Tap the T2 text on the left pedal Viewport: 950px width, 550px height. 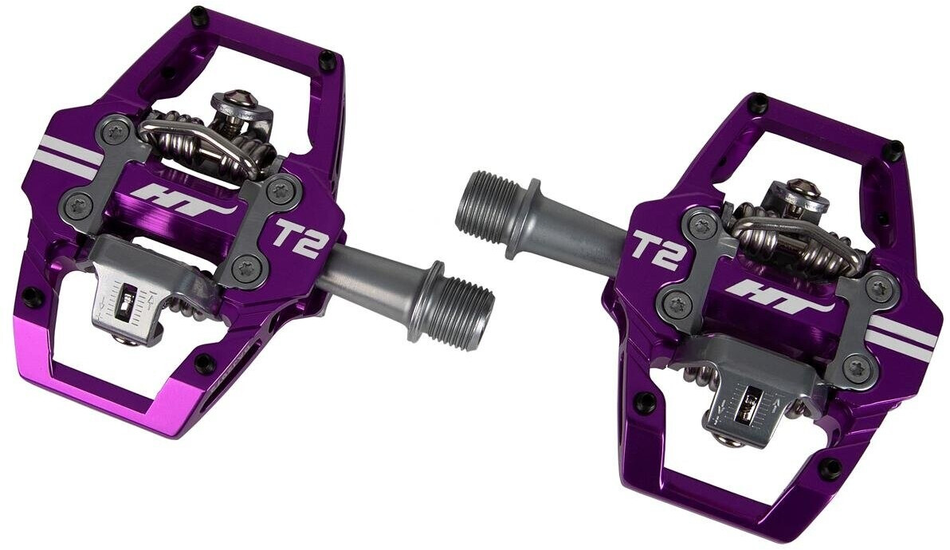coord(296,240)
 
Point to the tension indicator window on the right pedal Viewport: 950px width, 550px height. coord(747,404)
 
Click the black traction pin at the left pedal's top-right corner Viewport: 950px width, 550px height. coord(326,57)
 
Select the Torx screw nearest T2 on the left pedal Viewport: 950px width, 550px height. coord(277,190)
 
